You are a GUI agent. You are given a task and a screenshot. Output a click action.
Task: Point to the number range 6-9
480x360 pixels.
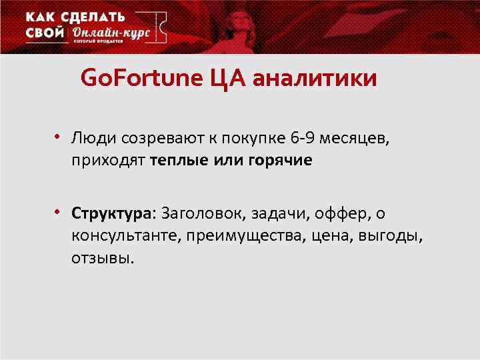coord(304,139)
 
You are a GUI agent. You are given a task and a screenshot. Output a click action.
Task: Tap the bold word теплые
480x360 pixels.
coord(181,161)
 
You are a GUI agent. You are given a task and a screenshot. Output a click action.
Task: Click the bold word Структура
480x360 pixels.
coord(111,214)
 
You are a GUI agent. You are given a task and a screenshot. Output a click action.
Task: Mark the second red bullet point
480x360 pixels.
coord(59,212)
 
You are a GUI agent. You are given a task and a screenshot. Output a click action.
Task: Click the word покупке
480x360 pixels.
coord(253,139)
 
